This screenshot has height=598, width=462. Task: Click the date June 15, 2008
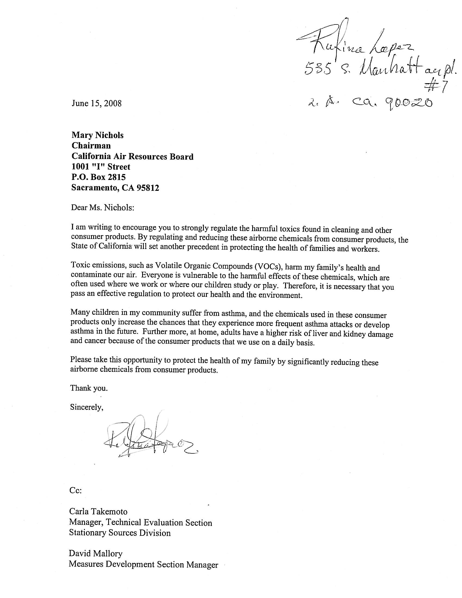pyautogui.click(x=96, y=104)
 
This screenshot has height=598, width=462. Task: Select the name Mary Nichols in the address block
pyautogui.click(x=98, y=135)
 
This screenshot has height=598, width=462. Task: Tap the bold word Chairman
pyautogui.click(x=91, y=146)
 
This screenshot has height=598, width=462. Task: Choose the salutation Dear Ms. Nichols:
pyautogui.click(x=103, y=208)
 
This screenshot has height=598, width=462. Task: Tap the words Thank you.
pyautogui.click(x=89, y=388)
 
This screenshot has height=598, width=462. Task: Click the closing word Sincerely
pyautogui.click(x=86, y=407)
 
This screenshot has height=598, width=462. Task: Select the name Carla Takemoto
pyautogui.click(x=98, y=512)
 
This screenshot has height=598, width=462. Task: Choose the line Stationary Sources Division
pyautogui.click(x=120, y=533)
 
